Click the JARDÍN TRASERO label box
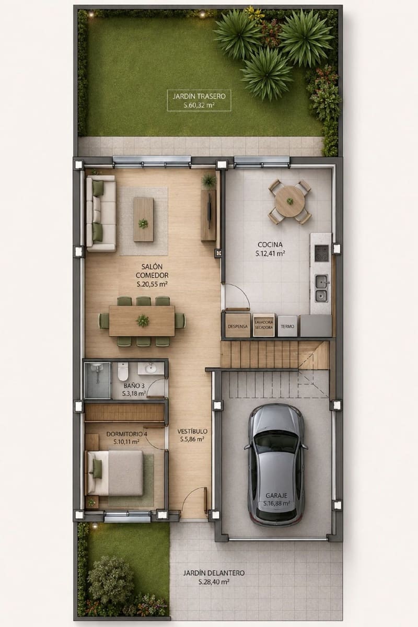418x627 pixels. click(199, 100)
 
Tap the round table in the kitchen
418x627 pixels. click(289, 201)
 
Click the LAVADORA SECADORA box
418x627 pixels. click(263, 325)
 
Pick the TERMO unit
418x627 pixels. click(287, 326)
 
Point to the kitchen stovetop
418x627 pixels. click(321, 253)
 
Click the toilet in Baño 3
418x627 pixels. click(123, 371)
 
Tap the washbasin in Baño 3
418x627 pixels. click(151, 368)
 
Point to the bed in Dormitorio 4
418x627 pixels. click(116, 473)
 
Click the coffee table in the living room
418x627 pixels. click(143, 219)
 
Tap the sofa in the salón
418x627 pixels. click(101, 213)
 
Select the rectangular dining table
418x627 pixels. click(142, 321)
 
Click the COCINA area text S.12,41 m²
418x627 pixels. click(270, 253)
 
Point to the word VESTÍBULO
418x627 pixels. click(192, 432)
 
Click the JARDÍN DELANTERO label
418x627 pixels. click(214, 573)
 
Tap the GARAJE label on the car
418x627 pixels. click(276, 496)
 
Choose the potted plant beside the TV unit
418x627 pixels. click(208, 181)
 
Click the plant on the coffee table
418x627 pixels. click(143, 224)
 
